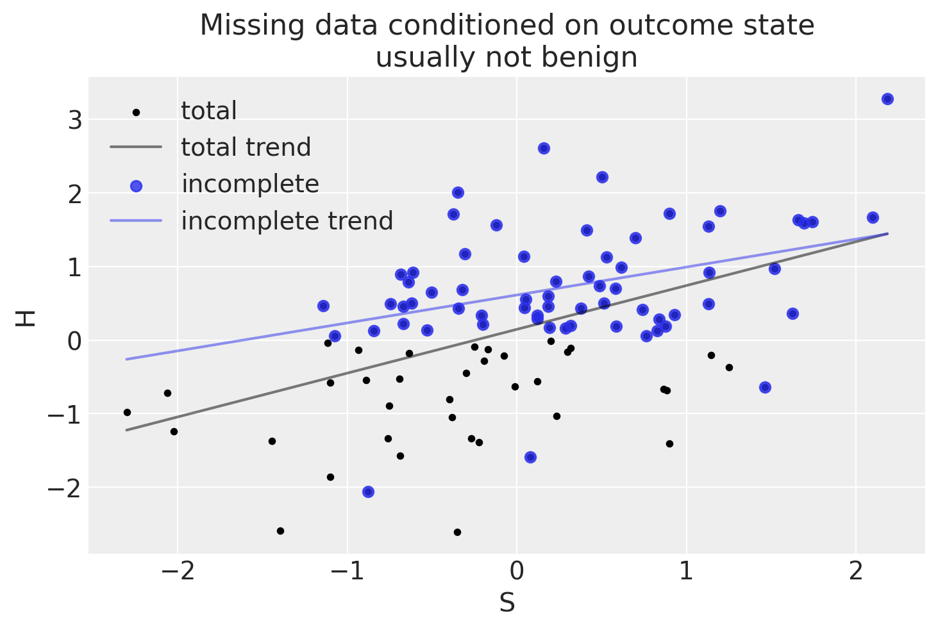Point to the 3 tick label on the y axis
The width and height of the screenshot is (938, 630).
(74, 120)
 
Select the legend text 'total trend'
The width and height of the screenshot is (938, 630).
(246, 147)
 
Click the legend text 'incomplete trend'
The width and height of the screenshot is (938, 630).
(287, 221)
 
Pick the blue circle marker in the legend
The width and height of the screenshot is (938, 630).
(135, 185)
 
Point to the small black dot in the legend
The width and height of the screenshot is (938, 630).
(135, 112)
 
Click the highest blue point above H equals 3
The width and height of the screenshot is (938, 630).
(887, 99)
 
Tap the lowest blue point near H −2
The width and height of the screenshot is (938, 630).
(368, 492)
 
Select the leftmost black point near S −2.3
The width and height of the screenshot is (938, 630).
(127, 412)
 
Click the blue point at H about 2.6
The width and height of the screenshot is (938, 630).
(544, 148)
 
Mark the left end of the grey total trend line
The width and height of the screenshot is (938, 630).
(127, 430)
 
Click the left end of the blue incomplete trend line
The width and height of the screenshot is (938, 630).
(127, 359)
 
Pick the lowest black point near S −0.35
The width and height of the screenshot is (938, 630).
(457, 532)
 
